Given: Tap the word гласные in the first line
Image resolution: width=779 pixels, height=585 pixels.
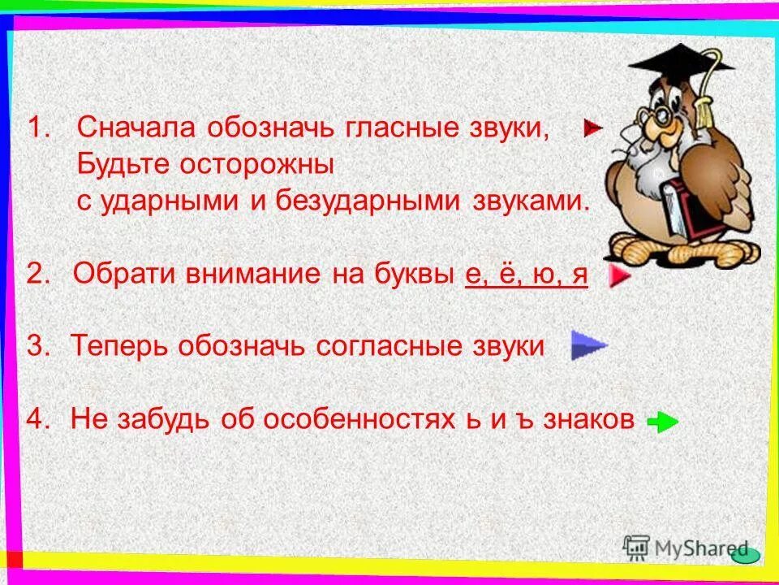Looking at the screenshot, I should [x=391, y=128].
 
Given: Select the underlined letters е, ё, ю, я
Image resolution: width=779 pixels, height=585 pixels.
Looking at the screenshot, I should [x=526, y=274].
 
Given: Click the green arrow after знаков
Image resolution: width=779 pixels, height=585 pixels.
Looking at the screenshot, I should [x=663, y=422].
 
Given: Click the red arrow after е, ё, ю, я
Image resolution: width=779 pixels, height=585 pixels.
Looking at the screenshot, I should [x=619, y=276].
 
